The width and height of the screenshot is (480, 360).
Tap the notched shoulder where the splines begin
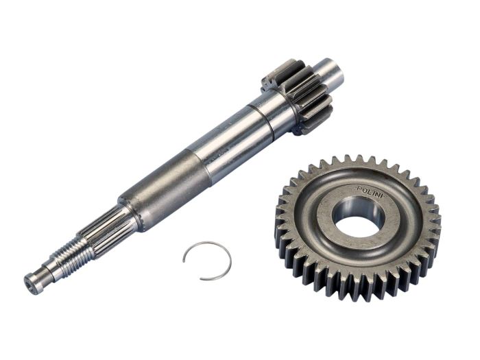pyautogui.click(x=127, y=210)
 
